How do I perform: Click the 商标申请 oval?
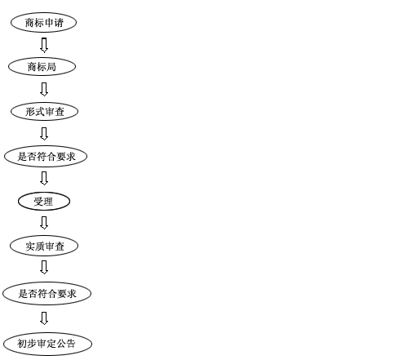43,22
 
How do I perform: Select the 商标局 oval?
42,67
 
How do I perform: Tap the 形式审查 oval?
44,112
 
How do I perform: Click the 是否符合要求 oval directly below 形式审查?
46,156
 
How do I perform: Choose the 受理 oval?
44,202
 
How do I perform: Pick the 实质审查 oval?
44,246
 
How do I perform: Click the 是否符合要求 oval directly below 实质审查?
47,294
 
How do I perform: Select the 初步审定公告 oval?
47,344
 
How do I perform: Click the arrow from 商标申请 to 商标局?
44,45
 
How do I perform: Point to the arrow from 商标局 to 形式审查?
44,89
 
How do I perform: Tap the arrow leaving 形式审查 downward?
44,134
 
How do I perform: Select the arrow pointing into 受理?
44,178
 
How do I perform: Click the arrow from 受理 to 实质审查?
44,223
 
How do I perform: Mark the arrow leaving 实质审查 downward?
44,267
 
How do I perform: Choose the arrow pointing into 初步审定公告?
44,318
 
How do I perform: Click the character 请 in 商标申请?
59,23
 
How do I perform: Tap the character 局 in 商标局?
51,67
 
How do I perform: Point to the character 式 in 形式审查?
40,112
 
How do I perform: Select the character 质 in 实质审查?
40,247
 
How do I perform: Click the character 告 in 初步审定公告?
70,344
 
